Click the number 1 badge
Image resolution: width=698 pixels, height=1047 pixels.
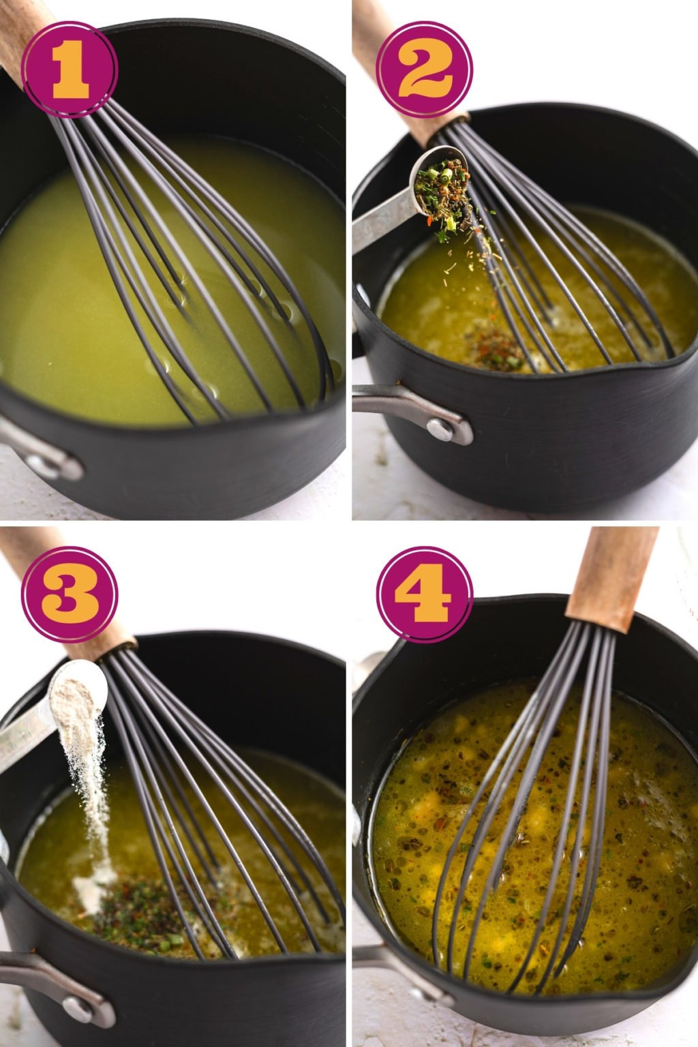(69, 69)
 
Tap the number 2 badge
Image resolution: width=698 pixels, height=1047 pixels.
(423, 69)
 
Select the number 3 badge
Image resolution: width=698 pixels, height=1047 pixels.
(69, 594)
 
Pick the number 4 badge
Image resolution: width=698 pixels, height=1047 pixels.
(423, 594)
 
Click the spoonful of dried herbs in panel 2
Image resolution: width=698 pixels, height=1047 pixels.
(442, 183)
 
